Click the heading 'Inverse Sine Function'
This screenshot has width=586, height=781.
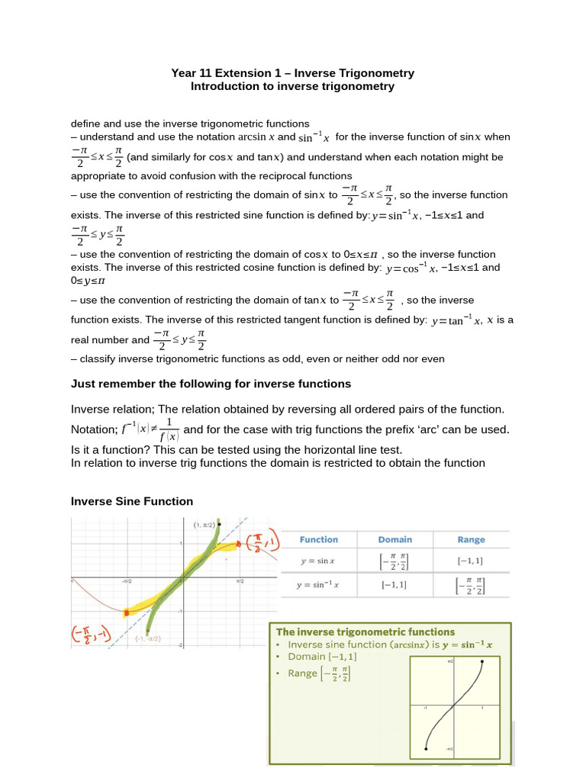(x=132, y=501)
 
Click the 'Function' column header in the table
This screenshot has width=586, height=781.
(x=318, y=539)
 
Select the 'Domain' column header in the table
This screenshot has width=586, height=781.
(x=394, y=539)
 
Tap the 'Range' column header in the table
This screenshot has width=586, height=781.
(x=471, y=539)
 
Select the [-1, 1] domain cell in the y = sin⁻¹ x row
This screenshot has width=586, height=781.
(x=394, y=585)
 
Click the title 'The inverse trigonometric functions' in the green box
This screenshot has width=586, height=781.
(x=365, y=632)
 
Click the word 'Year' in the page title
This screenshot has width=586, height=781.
(x=184, y=73)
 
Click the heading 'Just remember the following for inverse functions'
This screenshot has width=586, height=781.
(x=211, y=384)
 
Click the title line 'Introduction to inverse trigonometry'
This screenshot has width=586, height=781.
(x=292, y=86)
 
